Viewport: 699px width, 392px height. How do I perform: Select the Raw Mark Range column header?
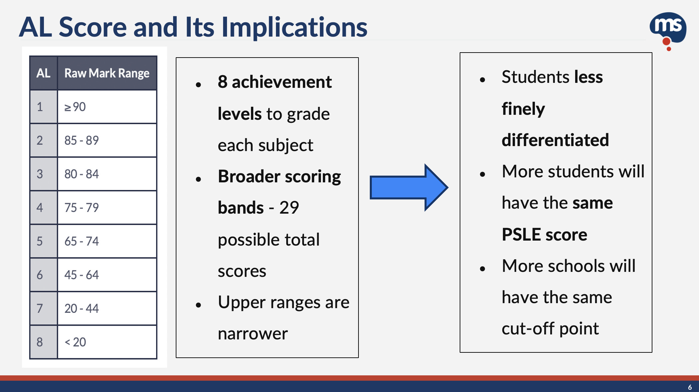tap(107, 73)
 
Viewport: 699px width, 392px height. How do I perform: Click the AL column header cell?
tap(43, 73)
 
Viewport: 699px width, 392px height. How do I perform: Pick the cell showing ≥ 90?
tap(107, 107)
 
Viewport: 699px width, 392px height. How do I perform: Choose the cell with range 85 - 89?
tap(107, 140)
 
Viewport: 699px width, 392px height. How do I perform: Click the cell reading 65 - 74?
tap(107, 241)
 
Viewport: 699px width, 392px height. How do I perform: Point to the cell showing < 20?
tap(107, 342)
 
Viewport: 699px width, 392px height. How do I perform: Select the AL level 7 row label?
tap(40, 308)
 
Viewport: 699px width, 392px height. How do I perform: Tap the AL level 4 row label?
tap(40, 208)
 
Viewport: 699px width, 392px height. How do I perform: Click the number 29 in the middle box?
tap(289, 208)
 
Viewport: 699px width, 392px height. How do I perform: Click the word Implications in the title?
tap(294, 27)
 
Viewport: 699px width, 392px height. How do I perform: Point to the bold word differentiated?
tap(555, 140)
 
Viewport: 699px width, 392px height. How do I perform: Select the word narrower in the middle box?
tap(253, 333)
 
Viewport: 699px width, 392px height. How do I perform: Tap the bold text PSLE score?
tap(544, 235)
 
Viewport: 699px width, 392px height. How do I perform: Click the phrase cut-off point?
tap(550, 329)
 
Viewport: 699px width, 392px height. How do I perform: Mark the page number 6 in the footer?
tap(690, 387)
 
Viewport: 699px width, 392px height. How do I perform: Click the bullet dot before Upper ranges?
tap(199, 304)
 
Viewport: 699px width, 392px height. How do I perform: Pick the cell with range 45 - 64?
tap(107, 275)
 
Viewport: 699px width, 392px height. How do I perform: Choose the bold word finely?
tap(523, 109)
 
